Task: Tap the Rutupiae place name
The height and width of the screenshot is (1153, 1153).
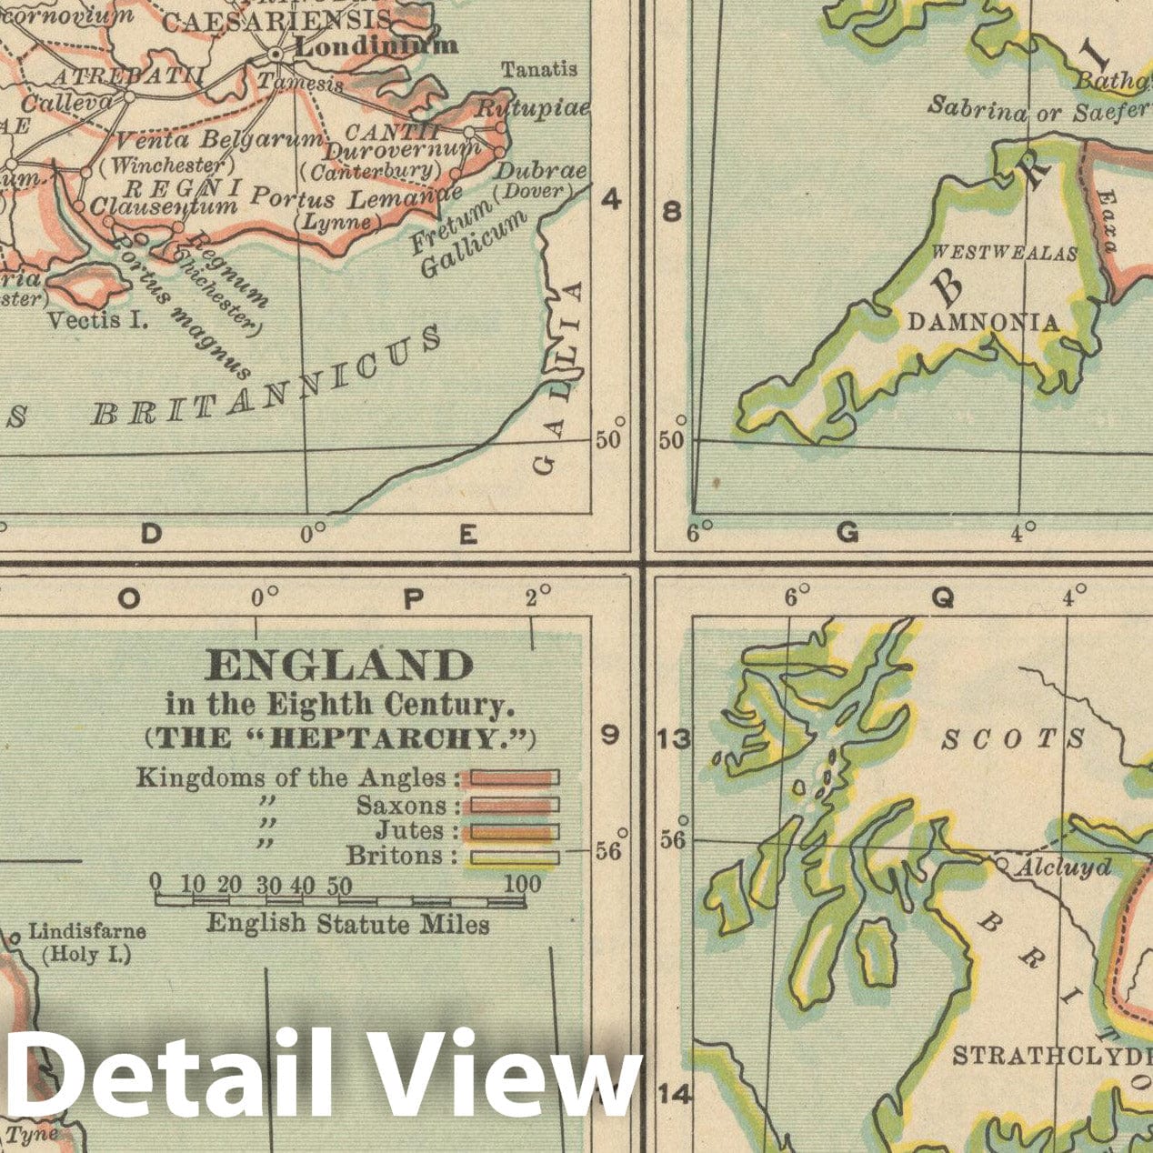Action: coord(534,108)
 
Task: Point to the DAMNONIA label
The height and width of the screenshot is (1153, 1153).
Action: coord(984,323)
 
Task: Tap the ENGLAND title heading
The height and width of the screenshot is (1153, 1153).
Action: coord(340,667)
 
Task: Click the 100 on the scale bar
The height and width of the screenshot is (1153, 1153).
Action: coord(522,883)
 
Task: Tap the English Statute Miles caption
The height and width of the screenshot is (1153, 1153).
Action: coord(348,924)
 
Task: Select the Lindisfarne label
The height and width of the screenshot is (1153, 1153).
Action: coord(87,931)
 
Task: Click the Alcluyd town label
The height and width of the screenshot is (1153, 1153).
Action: coord(1062,867)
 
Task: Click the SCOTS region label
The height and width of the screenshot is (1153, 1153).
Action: coord(1013,738)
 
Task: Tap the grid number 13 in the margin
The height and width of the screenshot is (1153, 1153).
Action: coord(674,739)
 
